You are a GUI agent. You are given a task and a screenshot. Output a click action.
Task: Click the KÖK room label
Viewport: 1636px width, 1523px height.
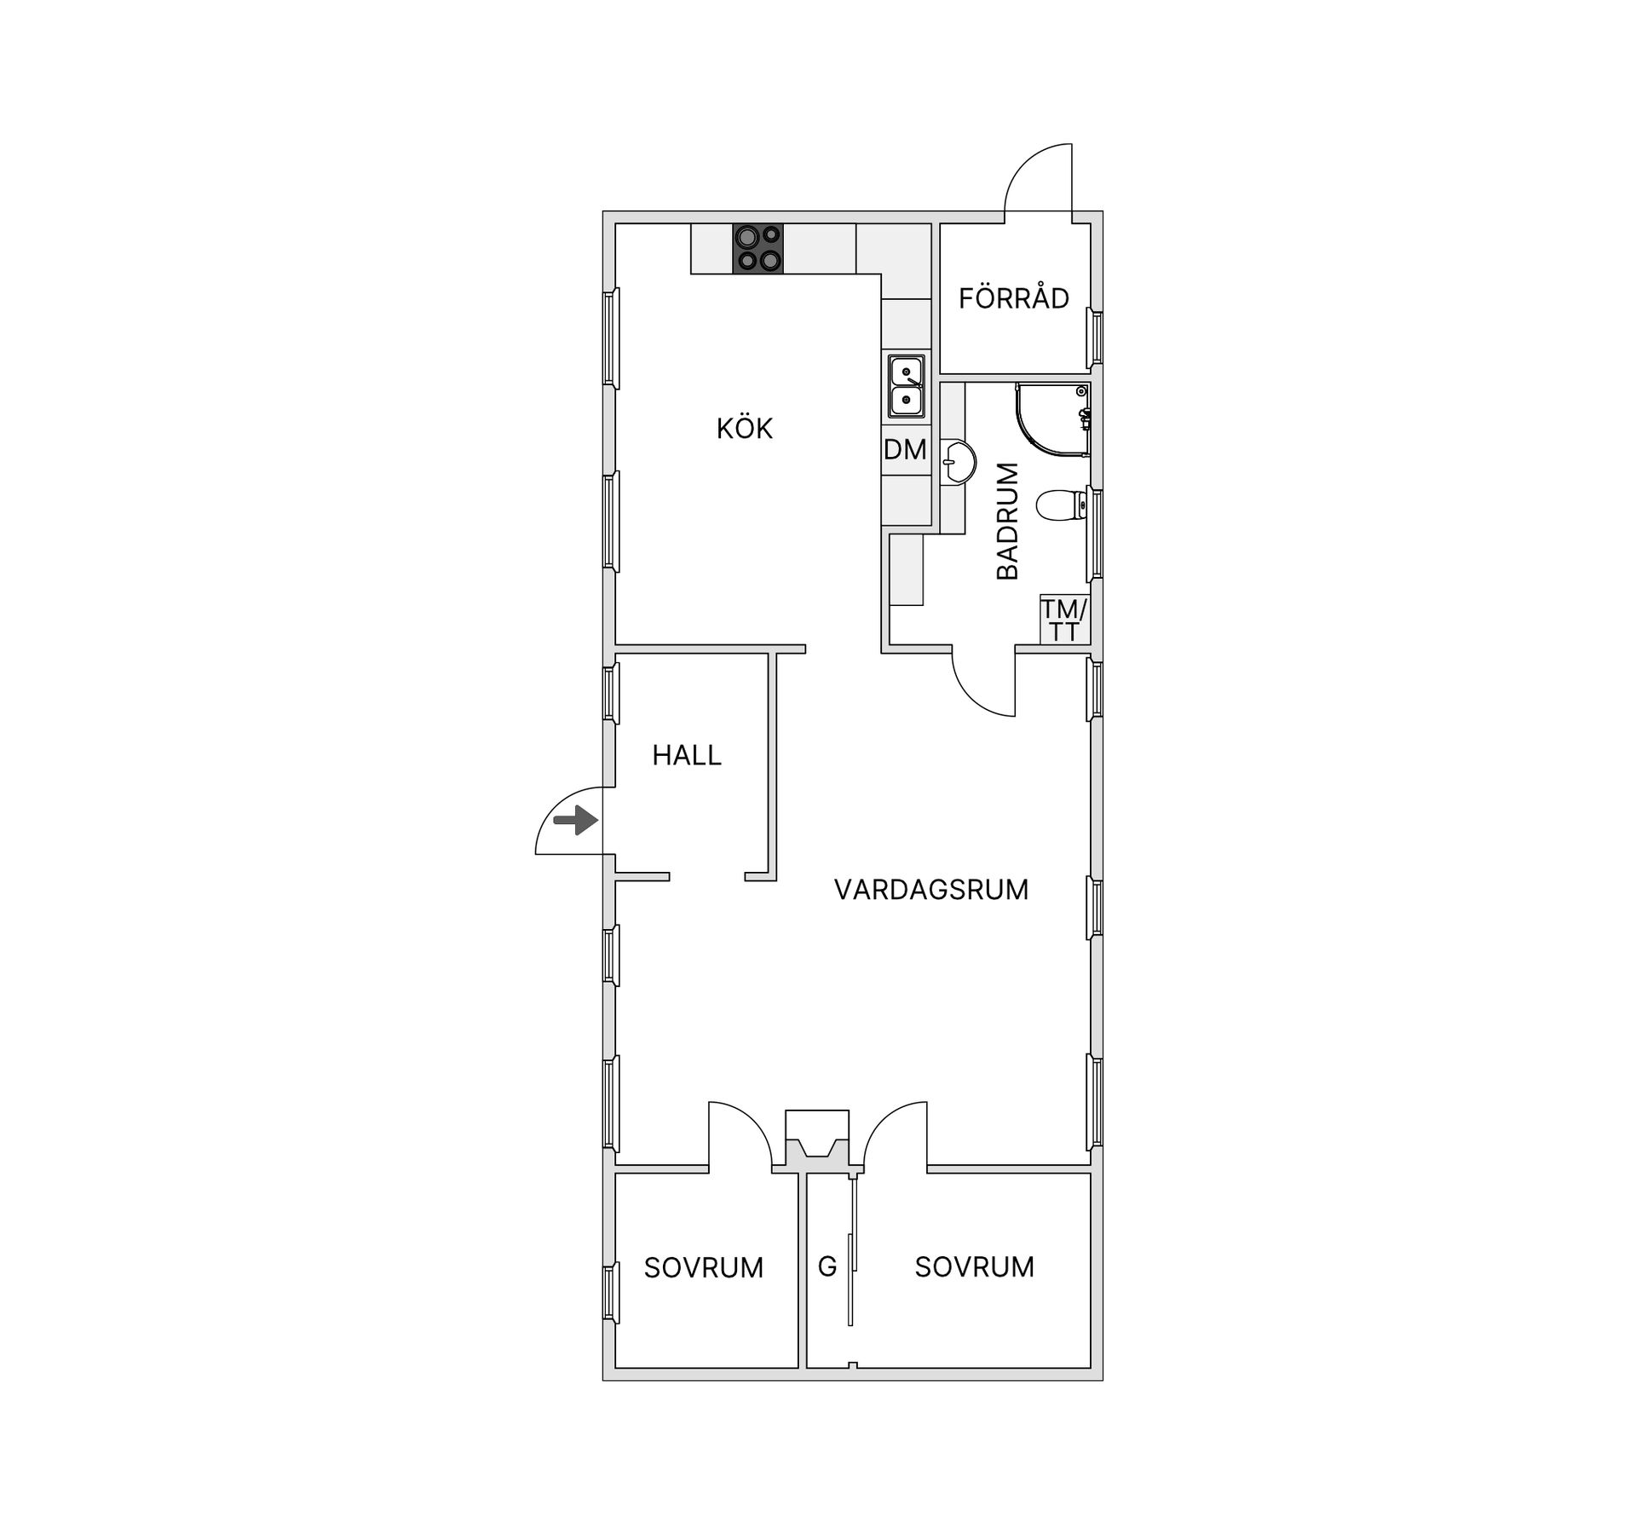(x=744, y=428)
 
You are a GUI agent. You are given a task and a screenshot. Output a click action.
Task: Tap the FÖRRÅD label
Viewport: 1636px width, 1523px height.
(x=1013, y=298)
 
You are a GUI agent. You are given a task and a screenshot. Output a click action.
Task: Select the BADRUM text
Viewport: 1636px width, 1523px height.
(x=1008, y=521)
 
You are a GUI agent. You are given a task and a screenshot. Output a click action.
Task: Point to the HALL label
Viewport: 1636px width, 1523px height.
(x=687, y=755)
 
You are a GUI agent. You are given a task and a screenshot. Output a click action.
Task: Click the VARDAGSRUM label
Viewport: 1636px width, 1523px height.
(x=931, y=890)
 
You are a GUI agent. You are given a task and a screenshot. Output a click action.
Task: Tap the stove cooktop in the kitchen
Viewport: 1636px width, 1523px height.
(x=758, y=249)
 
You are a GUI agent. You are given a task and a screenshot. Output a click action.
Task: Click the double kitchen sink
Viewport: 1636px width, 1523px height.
(x=906, y=386)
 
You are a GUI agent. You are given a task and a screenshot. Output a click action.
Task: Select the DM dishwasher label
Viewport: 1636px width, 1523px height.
(x=905, y=449)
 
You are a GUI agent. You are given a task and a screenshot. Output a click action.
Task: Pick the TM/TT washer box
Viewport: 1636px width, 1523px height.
(x=1063, y=620)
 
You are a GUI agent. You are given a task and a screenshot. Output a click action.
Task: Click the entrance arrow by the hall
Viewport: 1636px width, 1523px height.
(x=575, y=821)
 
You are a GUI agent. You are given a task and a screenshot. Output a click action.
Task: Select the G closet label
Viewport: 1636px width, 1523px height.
(x=827, y=1266)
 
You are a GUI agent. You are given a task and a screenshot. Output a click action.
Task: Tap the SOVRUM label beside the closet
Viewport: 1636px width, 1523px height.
(x=974, y=1266)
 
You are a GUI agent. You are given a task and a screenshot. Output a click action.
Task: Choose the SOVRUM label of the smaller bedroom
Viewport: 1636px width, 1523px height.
(x=703, y=1267)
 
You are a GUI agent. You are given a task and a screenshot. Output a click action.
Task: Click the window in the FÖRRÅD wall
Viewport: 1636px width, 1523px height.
(x=1095, y=337)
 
